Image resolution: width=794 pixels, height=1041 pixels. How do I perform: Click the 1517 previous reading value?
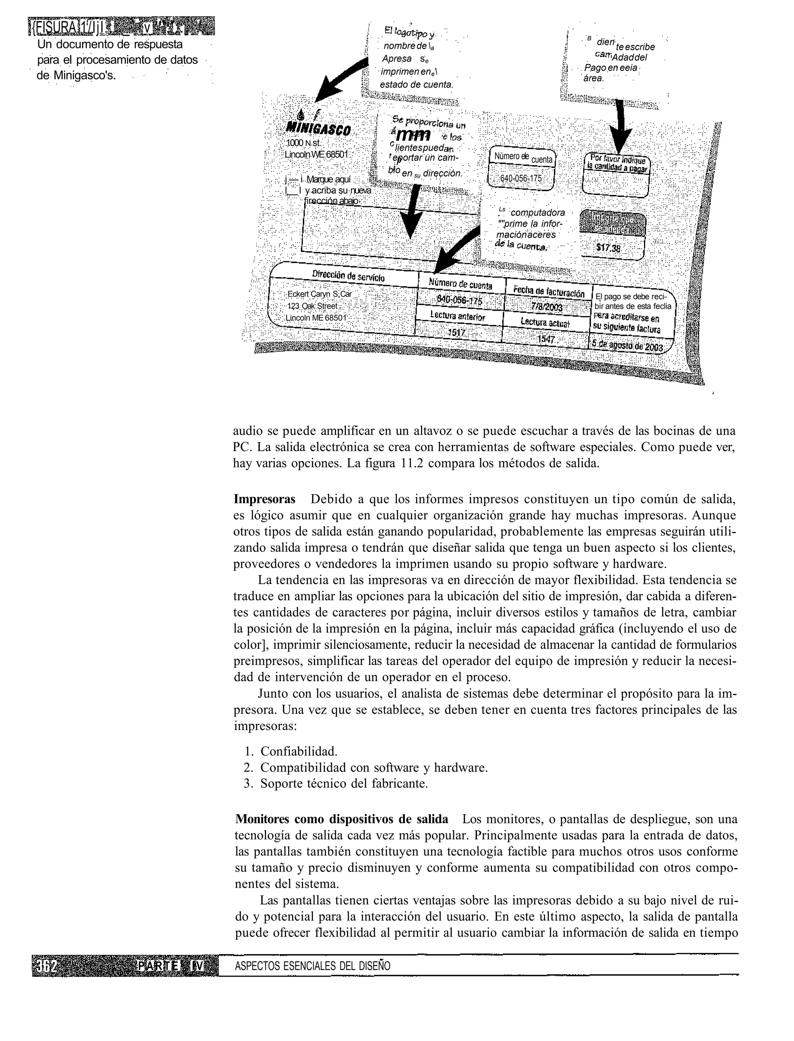(457, 333)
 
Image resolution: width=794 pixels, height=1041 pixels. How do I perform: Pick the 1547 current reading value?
(545, 339)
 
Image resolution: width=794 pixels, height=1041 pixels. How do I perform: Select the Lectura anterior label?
(457, 315)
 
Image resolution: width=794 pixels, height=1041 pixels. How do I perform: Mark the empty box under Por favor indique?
(615, 185)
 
